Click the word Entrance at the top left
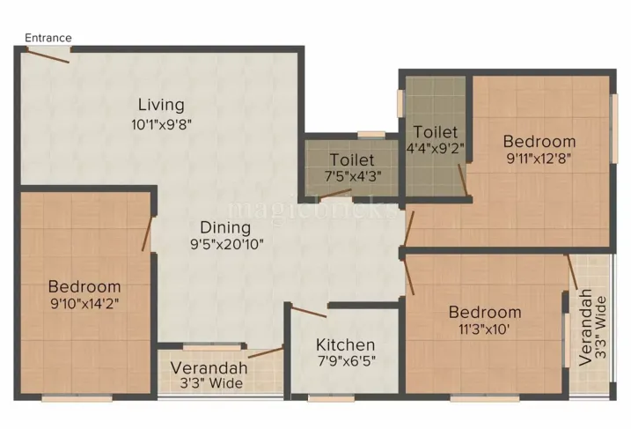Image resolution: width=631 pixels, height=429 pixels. (x=48, y=38)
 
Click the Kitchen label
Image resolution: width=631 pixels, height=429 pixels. (x=346, y=344)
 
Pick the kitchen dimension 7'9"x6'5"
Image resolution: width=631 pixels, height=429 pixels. (x=346, y=362)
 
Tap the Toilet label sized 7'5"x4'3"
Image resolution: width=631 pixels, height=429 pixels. (x=352, y=160)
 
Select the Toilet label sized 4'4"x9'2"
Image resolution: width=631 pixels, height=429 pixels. (x=436, y=131)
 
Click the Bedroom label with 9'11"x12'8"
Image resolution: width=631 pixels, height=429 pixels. (x=539, y=141)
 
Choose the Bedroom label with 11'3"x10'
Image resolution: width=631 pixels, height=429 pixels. (x=485, y=312)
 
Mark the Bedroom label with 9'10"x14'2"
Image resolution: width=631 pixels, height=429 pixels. (x=84, y=286)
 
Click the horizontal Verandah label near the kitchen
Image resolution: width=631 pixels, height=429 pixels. (x=209, y=367)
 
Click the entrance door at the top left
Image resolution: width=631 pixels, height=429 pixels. (x=48, y=55)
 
